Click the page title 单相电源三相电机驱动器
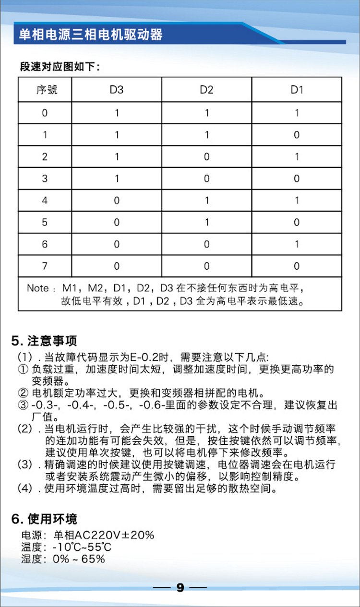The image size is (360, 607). coord(91,34)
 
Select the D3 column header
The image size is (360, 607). coord(117,90)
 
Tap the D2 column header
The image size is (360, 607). coord(206,90)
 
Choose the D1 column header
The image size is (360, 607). coord(297,90)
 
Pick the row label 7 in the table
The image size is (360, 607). coord(45,266)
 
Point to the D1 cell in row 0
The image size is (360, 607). coord(297,113)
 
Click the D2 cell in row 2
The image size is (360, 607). coord(206,157)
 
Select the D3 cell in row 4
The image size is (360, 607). coord(117,201)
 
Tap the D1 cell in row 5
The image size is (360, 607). coord(297,223)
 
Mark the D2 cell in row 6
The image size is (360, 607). coord(206,244)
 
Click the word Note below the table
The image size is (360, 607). coord(38,288)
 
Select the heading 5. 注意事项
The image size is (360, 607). coord(44,341)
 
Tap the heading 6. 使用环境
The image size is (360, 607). coord(44,519)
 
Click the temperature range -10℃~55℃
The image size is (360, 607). coord(83,547)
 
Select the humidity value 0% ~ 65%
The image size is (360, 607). coord(79,559)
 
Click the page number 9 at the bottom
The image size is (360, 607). coord(180,588)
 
